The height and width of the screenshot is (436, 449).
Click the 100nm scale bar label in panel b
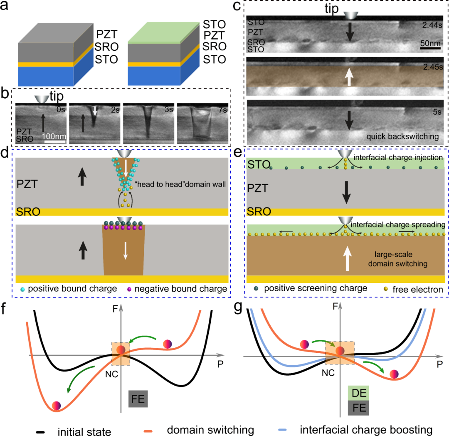click(x=54, y=136)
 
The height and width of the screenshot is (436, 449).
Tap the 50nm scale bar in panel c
click(x=430, y=48)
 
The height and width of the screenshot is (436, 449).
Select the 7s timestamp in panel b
click(x=222, y=110)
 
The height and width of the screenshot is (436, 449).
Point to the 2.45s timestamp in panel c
click(x=433, y=67)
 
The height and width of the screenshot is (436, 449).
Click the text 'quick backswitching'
click(x=402, y=136)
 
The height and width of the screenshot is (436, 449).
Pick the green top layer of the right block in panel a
click(x=164, y=32)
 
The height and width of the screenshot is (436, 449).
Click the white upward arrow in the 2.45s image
click(x=348, y=77)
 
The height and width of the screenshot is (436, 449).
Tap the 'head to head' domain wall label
click(x=180, y=184)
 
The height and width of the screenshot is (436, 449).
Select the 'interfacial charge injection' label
click(x=398, y=157)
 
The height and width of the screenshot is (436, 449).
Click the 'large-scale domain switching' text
click(x=397, y=259)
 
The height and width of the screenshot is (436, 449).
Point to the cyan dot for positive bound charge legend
click(x=22, y=289)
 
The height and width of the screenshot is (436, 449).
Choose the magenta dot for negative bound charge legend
click(x=129, y=289)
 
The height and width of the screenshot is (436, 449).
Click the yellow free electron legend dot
click(x=386, y=289)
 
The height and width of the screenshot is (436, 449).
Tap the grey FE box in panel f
click(x=138, y=399)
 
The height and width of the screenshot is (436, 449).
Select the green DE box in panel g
click(x=358, y=393)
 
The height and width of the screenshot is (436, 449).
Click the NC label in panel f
click(x=112, y=374)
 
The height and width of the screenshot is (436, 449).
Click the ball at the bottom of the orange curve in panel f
click(x=57, y=406)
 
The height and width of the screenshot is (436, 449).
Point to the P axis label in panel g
click(x=439, y=364)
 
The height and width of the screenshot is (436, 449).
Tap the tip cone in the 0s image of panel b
click(x=42, y=99)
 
